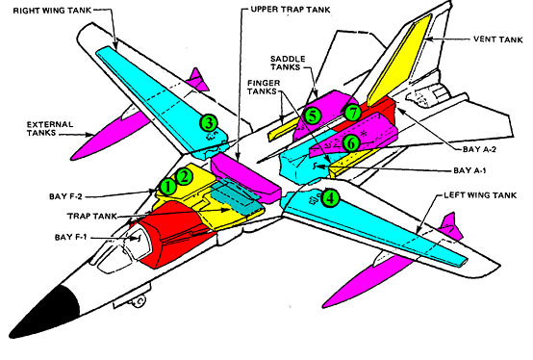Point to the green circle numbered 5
312,116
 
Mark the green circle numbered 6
352,142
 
